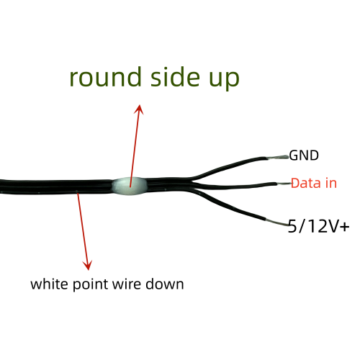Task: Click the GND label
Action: [x=304, y=156]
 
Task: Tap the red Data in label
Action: [x=314, y=183]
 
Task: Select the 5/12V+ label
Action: [x=318, y=226]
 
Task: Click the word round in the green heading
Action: [x=105, y=77]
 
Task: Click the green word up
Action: [x=224, y=79]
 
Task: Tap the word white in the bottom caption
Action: [x=49, y=284]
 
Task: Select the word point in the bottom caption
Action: [x=90, y=285]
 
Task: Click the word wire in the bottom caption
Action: [x=126, y=284]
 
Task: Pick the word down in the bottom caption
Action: [x=165, y=284]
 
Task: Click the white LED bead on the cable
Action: [x=130, y=186]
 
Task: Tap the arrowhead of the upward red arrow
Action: [x=139, y=109]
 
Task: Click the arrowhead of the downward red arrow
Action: [x=88, y=265]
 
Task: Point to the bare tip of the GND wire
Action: [x=278, y=158]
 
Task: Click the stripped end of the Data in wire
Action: [x=284, y=184]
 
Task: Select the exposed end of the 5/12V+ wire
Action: [x=276, y=222]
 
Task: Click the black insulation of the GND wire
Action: [x=230, y=166]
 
